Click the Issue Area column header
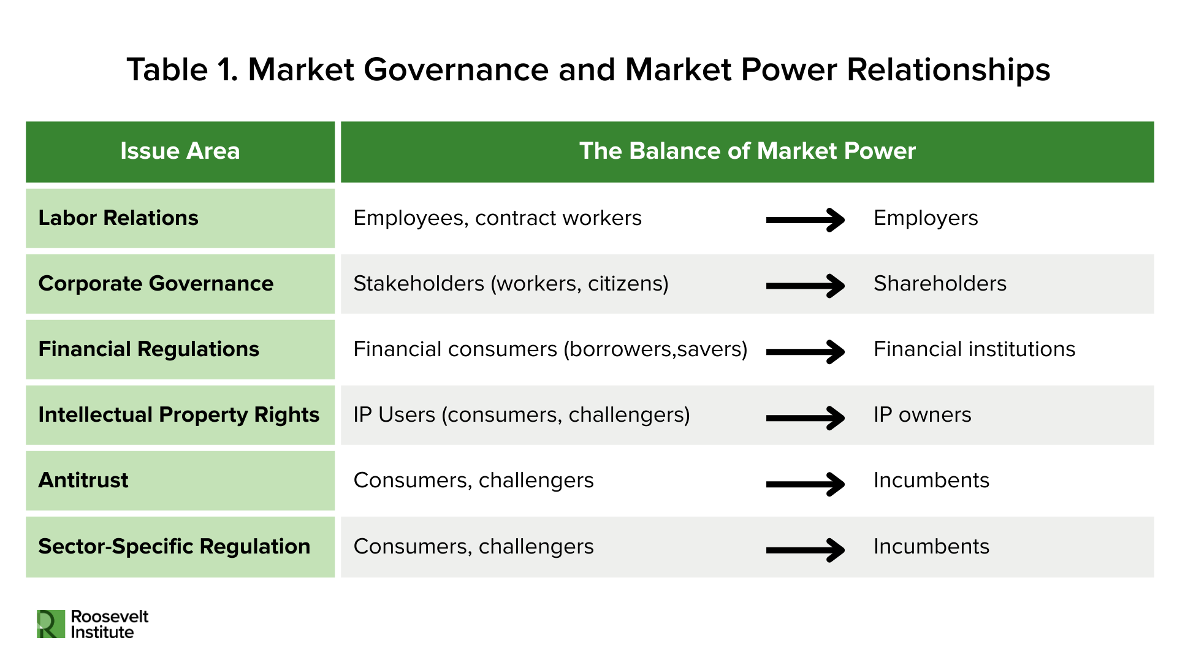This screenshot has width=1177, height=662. click(180, 151)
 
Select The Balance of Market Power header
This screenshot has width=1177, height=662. click(747, 151)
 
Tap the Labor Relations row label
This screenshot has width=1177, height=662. click(118, 218)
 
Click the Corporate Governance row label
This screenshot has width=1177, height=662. click(156, 284)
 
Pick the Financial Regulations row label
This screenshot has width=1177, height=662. click(148, 349)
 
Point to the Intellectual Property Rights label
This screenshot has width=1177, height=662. click(178, 415)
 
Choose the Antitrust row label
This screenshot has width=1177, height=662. click(83, 481)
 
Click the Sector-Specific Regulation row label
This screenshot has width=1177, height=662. click(174, 546)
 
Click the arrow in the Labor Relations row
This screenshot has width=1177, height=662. click(805, 220)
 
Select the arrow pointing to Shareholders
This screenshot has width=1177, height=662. click(805, 286)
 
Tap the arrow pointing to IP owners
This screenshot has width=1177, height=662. click(805, 418)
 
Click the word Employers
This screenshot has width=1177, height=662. click(925, 218)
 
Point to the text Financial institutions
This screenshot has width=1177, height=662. click(973, 349)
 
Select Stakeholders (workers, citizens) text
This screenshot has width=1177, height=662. click(511, 284)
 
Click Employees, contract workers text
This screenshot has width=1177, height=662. click(497, 218)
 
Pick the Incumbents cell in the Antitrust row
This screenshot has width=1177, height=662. click(931, 481)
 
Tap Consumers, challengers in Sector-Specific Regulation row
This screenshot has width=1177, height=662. click(473, 546)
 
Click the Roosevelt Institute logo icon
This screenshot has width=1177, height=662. click(50, 624)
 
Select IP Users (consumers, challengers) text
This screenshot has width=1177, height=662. click(521, 415)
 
